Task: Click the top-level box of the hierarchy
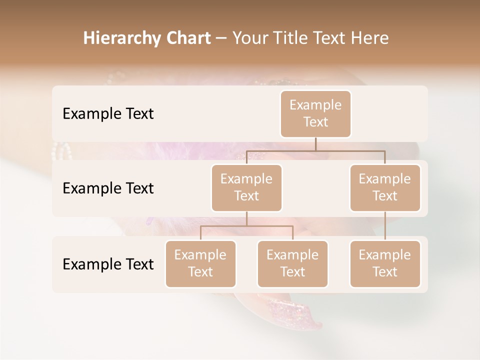315,113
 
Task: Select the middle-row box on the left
246,187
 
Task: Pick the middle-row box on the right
385,187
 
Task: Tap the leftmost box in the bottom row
200,263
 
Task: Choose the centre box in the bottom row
292,263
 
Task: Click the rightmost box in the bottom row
385,263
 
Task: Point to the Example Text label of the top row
108,113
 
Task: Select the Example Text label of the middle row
108,188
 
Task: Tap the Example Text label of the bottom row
108,264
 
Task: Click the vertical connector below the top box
315,144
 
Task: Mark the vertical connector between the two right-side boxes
385,226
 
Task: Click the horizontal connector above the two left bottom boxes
246,226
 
